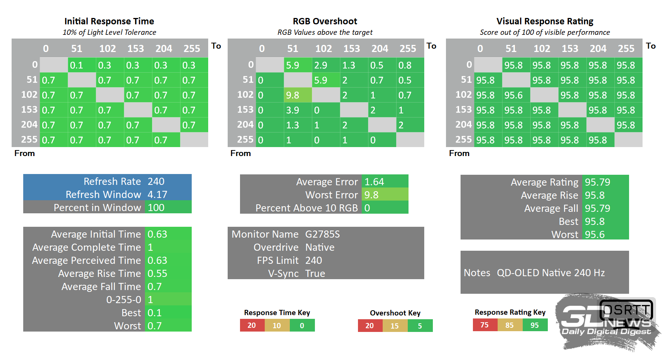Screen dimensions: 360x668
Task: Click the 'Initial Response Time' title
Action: pyautogui.click(x=109, y=21)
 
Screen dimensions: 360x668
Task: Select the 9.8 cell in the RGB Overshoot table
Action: pyautogui.click(x=297, y=95)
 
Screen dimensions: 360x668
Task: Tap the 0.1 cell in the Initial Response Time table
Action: pyautogui.click(x=82, y=65)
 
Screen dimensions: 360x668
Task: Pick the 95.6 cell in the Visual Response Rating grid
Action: pyautogui.click(x=516, y=95)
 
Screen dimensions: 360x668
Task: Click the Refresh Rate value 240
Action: pyautogui.click(x=156, y=181)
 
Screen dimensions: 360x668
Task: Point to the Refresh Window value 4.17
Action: pyautogui.click(x=157, y=195)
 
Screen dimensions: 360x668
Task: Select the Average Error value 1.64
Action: pyautogui.click(x=374, y=182)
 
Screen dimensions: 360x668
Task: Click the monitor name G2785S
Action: pyautogui.click(x=322, y=234)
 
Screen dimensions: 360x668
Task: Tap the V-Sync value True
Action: pyautogui.click(x=315, y=274)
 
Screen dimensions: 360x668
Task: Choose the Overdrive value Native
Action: pyautogui.click(x=320, y=247)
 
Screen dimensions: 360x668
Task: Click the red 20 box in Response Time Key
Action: pyautogui.click(x=252, y=325)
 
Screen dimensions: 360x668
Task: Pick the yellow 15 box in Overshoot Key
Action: pyautogui.click(x=395, y=326)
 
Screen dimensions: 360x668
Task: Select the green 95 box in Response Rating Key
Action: pyautogui.click(x=535, y=325)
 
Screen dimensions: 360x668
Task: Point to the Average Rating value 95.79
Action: pyautogui.click(x=598, y=182)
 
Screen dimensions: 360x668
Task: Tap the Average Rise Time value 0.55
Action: pyautogui.click(x=157, y=274)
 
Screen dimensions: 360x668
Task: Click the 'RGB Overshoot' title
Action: pyautogui.click(x=325, y=21)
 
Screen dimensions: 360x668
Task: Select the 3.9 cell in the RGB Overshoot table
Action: pyautogui.click(x=297, y=110)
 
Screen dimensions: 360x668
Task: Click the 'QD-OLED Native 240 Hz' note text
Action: pyautogui.click(x=550, y=273)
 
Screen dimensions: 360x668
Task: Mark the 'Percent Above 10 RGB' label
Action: pyautogui.click(x=306, y=208)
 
